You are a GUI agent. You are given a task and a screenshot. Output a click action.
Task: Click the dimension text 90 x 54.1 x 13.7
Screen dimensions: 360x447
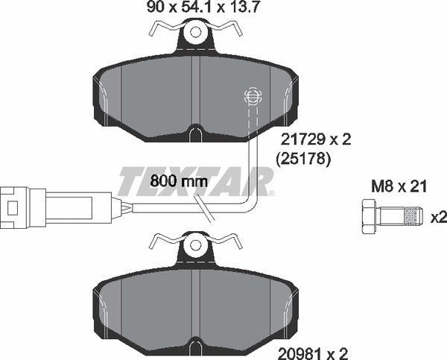tap(197, 10)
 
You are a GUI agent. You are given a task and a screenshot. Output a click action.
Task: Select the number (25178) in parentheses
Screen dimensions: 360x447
tap(303, 158)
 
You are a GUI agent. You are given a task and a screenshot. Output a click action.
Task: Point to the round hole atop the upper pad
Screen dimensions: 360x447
tap(195, 33)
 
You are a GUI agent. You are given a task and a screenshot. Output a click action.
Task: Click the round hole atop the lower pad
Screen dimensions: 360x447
tap(195, 243)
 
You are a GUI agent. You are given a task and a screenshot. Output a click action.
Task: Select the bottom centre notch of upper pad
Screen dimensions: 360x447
tap(194, 135)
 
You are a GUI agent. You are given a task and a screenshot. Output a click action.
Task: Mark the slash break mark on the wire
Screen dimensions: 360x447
tap(207, 211)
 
